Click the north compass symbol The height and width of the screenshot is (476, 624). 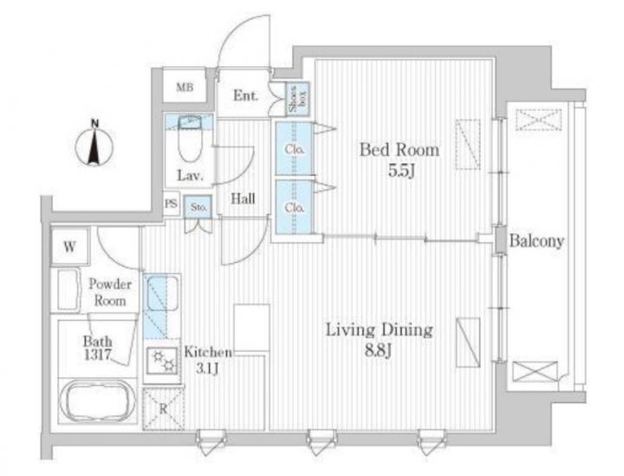pyautogui.click(x=94, y=145)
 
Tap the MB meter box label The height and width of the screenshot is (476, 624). pyautogui.click(x=185, y=88)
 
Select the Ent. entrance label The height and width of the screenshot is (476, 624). pyautogui.click(x=245, y=95)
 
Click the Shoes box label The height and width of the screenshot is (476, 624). pyautogui.click(x=298, y=99)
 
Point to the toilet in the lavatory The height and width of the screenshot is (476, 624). pyautogui.click(x=190, y=139)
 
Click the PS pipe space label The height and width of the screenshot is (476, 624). pyautogui.click(x=171, y=204)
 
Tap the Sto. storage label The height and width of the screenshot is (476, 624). pyautogui.click(x=198, y=207)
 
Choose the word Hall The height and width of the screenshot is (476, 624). pyautogui.click(x=243, y=199)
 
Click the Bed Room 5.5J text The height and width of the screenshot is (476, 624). pyautogui.click(x=400, y=160)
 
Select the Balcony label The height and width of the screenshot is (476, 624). pyautogui.click(x=536, y=241)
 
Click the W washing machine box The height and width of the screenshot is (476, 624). pyautogui.click(x=70, y=247)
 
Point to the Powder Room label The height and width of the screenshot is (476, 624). pyautogui.click(x=110, y=292)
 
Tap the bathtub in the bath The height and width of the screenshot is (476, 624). pyautogui.click(x=98, y=400)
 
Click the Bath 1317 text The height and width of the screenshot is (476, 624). pyautogui.click(x=97, y=348)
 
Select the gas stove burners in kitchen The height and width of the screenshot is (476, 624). pyautogui.click(x=161, y=361)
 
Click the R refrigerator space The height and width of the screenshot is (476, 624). pyautogui.click(x=163, y=408)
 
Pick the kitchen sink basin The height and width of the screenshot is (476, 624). pyautogui.click(x=163, y=293)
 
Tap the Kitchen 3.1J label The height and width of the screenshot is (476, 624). pyautogui.click(x=207, y=360)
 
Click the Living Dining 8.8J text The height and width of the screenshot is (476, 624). pyautogui.click(x=379, y=340)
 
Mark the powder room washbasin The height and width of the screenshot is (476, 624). pyautogui.click(x=68, y=290)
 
